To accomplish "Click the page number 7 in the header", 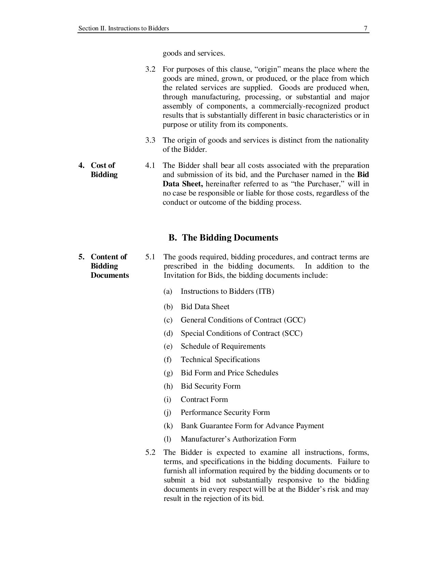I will pos(365,28).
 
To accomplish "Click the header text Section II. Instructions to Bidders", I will pos(124,28).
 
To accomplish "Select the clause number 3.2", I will pos(150,69).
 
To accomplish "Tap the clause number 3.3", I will pos(150,140).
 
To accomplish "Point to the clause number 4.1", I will pos(150,165).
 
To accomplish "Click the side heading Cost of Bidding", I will pos(104,170).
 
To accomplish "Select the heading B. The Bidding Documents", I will pos(223,238).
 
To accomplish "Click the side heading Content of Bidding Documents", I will pos(109,266).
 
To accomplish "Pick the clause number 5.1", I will pos(150,257).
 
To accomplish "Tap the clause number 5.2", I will pos(150,452).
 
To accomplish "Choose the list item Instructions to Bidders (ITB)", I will pos(227,291).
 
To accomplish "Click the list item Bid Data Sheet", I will pos(205,307).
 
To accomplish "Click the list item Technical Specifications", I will pos(220,360).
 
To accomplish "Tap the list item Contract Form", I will pos(204,400).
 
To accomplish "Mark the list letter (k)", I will pos(168,426).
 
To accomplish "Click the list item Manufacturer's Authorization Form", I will pos(238,439).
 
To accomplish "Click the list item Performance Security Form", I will pos(225,413).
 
